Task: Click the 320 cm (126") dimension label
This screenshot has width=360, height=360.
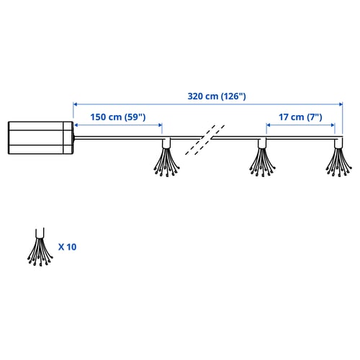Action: [x=217, y=96]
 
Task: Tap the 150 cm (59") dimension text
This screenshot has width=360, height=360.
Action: [x=118, y=117]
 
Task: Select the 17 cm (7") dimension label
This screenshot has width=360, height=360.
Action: [x=300, y=117]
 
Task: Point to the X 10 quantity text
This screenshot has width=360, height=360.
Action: [x=67, y=247]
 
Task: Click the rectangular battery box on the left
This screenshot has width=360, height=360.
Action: [x=40, y=138]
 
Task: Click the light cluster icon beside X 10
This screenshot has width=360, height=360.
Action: [x=40, y=247]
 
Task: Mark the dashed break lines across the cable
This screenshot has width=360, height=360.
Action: [x=205, y=140]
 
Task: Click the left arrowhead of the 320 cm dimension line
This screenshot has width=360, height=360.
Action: [x=75, y=104]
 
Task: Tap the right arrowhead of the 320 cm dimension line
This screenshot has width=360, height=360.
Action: [x=341, y=104]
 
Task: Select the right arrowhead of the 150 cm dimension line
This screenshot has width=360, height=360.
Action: [x=161, y=125]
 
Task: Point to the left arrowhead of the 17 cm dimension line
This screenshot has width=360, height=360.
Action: [x=269, y=125]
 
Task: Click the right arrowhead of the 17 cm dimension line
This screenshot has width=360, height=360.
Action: [x=333, y=125]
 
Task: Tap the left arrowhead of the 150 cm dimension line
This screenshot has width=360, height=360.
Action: [x=76, y=125]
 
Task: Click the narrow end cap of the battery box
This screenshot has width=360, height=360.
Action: [x=68, y=138]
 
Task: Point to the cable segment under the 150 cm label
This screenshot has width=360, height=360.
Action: [x=118, y=138]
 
